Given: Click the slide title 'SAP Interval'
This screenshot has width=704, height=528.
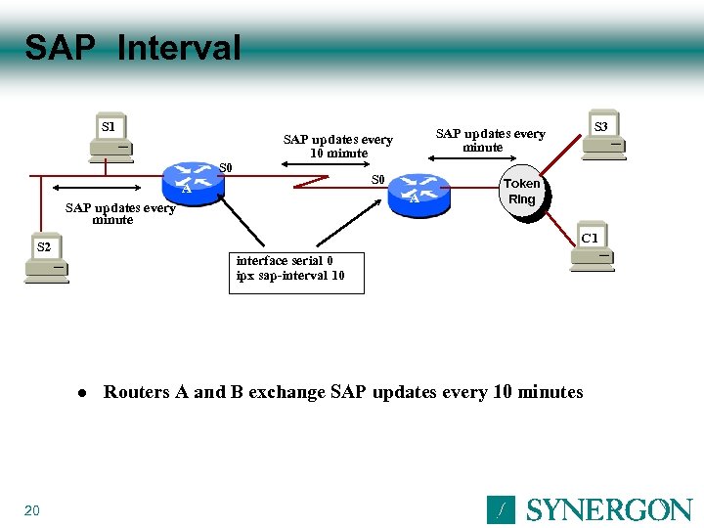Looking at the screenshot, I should point(132,47).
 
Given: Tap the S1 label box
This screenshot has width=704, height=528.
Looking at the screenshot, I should point(109,126).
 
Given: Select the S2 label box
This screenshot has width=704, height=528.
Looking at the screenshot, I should point(44,246).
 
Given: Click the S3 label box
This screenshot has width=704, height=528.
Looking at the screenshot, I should point(600,126).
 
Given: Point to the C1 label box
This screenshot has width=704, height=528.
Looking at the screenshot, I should point(590,238).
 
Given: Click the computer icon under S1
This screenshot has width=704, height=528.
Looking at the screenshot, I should point(110,149).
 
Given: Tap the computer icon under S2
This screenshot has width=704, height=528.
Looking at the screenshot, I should point(46,270).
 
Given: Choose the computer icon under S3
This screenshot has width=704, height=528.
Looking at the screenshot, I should point(603,147).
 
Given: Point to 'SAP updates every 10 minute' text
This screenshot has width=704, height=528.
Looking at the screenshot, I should point(337,146).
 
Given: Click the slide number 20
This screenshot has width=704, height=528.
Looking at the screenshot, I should point(31,510).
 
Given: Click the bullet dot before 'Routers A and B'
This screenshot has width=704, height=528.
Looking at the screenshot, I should point(83,393).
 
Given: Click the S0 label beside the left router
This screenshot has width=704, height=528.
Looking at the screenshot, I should point(225,167).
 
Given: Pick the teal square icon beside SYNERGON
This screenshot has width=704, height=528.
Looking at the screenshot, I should point(501,509).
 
